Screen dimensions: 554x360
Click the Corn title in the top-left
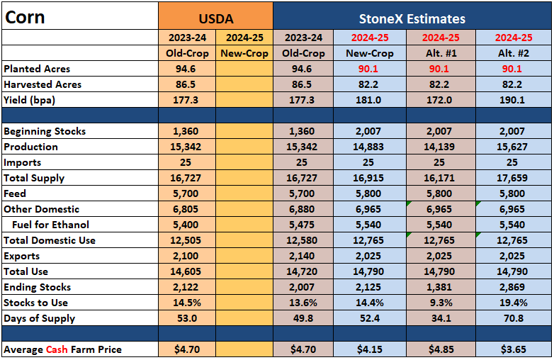pos(25,17)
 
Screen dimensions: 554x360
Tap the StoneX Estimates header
pos(412,18)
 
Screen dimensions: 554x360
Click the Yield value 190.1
pos(512,100)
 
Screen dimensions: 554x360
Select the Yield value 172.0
pos(439,100)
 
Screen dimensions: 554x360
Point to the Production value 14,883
pos(368,147)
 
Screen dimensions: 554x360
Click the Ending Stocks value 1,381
pos(439,287)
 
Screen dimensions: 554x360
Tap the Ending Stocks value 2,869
pos(512,287)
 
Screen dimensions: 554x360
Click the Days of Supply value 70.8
pos(514,318)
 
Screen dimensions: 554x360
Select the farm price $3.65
pos(514,349)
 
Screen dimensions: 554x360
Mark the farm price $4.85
pos(441,349)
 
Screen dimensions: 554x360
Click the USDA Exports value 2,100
pos(186,256)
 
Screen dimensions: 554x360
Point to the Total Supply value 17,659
pos(512,178)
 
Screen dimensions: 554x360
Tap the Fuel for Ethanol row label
pos(50,225)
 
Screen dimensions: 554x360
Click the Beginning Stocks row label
pos(45,131)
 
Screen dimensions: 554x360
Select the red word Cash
pos(57,349)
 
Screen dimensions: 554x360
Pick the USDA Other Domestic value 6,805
pos(186,209)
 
